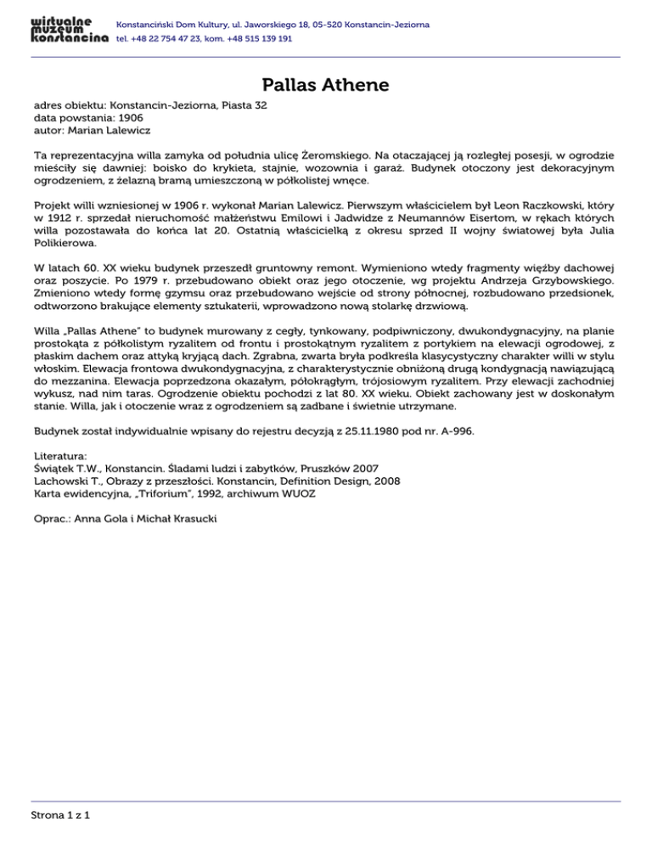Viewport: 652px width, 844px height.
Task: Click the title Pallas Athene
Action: click(325, 85)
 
